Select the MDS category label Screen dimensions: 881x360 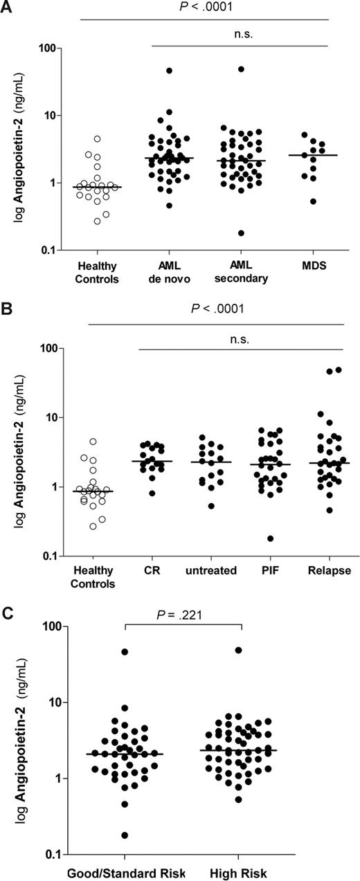[x=303, y=266]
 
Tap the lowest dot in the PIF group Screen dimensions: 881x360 [x=270, y=538]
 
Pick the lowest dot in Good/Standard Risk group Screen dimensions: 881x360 [x=125, y=835]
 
